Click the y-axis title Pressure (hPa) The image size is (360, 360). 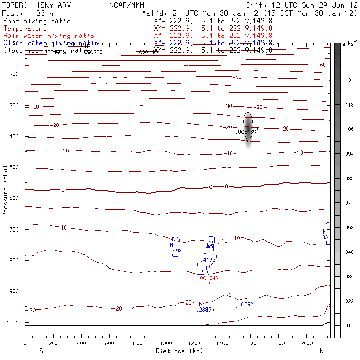click(6, 190)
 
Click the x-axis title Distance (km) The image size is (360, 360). click(178, 351)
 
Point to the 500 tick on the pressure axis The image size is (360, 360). click(25, 167)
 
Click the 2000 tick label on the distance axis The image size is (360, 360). click(307, 343)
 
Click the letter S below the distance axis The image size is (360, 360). click(41, 351)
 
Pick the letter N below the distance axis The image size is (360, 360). click(321, 351)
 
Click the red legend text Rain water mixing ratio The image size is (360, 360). click(43, 36)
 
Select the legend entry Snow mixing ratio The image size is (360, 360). click(36, 21)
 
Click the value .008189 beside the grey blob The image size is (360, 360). click(247, 132)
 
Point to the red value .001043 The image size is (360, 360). click(209, 279)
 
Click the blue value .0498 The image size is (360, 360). click(175, 251)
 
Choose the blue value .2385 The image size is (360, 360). click(203, 310)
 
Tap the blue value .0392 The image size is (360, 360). click(247, 305)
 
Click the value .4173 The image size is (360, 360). click(209, 260)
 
